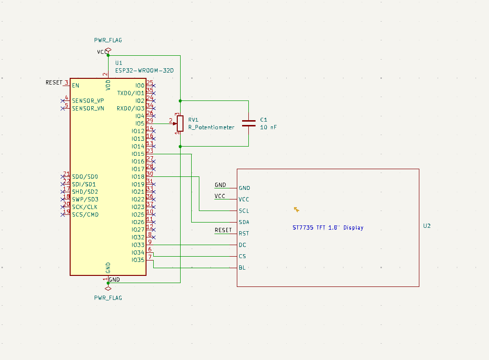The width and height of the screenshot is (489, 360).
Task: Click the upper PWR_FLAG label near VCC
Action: pyautogui.click(x=108, y=40)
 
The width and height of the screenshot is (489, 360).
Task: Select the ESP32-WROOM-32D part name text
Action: pyautogui.click(x=144, y=71)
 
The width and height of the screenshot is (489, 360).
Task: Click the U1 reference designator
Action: pyautogui.click(x=119, y=63)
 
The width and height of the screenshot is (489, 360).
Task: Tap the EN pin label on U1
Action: pyautogui.click(x=75, y=86)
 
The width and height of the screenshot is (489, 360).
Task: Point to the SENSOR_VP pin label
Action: pyautogui.click(x=88, y=101)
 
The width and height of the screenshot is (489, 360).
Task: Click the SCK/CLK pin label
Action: pyautogui.click(x=85, y=207)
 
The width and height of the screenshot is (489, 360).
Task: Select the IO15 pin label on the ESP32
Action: pyautogui.click(x=138, y=154)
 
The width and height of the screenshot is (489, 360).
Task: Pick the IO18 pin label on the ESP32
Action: pyautogui.click(x=138, y=177)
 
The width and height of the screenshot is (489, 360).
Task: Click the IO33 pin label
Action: pyautogui.click(x=138, y=245)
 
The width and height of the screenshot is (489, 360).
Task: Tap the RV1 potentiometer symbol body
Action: pyautogui.click(x=180, y=124)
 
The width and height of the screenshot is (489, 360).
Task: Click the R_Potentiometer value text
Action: pyautogui.click(x=211, y=127)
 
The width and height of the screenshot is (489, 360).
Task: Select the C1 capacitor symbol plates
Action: pyautogui.click(x=248, y=123)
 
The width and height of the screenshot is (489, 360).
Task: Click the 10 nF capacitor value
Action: pyautogui.click(x=269, y=127)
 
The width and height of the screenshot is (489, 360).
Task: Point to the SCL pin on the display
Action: pyautogui.click(x=244, y=211)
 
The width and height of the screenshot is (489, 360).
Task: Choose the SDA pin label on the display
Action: pyautogui.click(x=244, y=222)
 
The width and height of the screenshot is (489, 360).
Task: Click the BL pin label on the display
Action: pyautogui.click(x=242, y=268)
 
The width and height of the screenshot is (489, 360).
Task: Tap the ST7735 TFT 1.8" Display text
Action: pyautogui.click(x=328, y=228)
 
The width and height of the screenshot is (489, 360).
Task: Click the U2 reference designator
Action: pyautogui.click(x=427, y=226)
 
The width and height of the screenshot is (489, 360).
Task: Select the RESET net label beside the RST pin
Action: pyautogui.click(x=223, y=230)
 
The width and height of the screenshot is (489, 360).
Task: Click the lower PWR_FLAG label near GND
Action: pyautogui.click(x=108, y=298)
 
